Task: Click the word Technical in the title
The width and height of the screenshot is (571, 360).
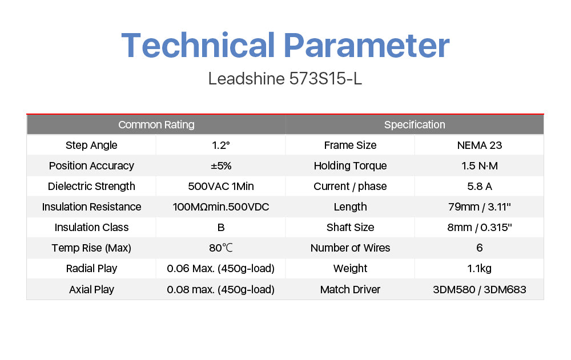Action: (x=198, y=45)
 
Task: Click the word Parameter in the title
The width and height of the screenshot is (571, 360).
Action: (x=367, y=45)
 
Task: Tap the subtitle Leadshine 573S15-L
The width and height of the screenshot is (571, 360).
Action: (x=285, y=79)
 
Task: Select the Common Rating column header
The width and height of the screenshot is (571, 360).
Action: (x=156, y=125)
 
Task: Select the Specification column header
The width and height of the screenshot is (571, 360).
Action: (x=415, y=125)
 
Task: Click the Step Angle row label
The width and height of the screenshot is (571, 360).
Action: (x=91, y=145)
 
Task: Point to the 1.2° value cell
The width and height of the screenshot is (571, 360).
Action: (x=220, y=145)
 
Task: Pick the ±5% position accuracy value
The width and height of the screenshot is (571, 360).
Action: (x=221, y=166)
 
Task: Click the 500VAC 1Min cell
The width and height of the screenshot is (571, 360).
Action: (x=220, y=187)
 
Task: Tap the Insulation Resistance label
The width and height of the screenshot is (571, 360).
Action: (x=91, y=207)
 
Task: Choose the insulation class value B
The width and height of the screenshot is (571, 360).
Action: (x=220, y=228)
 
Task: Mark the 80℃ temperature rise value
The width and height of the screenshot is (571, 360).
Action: (x=220, y=248)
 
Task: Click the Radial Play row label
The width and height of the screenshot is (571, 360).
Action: (x=91, y=269)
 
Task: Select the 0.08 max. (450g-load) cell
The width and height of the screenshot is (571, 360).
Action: (x=220, y=290)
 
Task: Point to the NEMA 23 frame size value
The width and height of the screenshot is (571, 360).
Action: (x=480, y=145)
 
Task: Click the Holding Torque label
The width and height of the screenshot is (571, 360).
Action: (x=351, y=166)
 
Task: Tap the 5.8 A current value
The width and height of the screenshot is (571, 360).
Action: (x=480, y=187)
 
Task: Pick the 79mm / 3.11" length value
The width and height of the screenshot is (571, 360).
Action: (x=480, y=207)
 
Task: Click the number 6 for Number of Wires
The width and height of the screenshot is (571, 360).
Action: (x=480, y=248)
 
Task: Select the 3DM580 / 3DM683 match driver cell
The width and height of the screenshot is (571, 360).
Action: (x=480, y=290)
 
